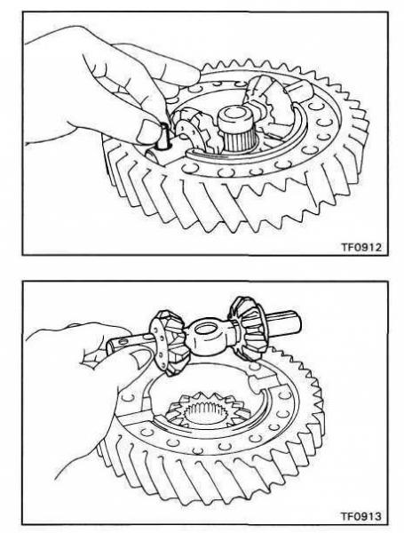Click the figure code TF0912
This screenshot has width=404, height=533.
pos(361,247)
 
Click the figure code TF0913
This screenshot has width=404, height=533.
pos(361,516)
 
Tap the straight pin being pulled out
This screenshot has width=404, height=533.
pos(162,136)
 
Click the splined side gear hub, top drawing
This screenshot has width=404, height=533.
pos(235,131)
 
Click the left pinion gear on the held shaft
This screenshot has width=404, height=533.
pos(168,342)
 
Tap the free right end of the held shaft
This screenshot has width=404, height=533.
pos(295,326)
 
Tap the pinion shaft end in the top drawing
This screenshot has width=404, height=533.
pos(300,91)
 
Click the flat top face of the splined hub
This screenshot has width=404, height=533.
pos(235,115)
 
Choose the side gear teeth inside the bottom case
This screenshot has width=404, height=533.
pos(208,411)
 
